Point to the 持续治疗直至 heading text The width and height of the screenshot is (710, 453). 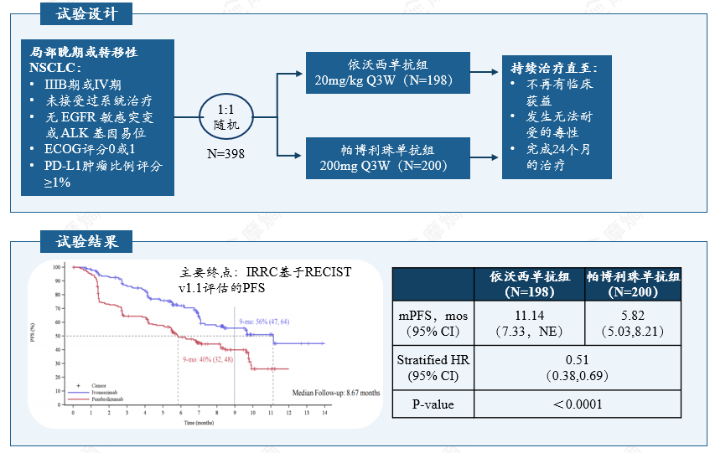560,68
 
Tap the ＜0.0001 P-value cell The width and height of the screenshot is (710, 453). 577,404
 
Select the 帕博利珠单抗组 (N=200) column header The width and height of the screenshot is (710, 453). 633,284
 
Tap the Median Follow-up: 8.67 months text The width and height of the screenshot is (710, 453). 335,392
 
